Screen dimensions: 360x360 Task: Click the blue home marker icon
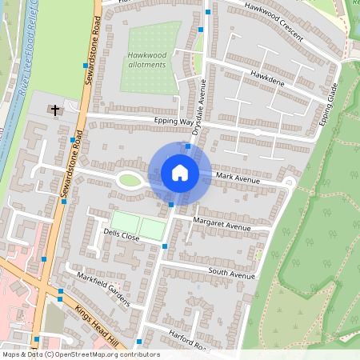(x=180, y=173)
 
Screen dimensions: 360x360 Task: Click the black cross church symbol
(x=55, y=110)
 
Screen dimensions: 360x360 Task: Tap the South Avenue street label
(x=230, y=274)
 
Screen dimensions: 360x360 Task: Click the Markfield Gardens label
(x=102, y=288)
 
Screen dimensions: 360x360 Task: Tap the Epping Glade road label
(x=330, y=104)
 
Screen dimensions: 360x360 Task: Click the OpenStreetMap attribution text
(x=80, y=354)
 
